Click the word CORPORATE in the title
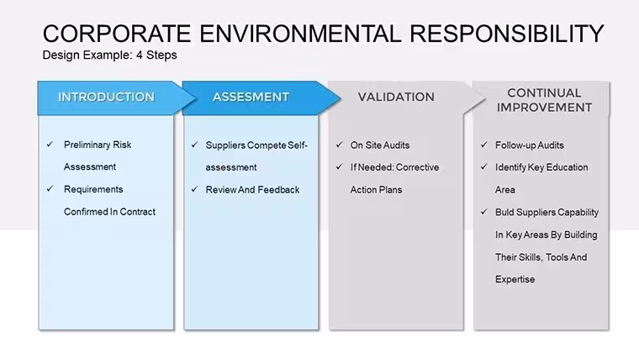117,34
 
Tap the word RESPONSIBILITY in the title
506,34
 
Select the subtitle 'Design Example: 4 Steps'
109,55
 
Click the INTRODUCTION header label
107,97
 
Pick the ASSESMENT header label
251,97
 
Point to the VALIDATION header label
396,97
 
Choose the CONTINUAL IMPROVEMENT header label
545,100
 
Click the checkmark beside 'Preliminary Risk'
50,145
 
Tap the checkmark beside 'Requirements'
50,188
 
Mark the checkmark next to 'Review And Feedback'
195,189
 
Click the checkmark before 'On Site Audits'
340,145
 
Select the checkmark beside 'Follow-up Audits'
484,145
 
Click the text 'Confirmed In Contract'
109,212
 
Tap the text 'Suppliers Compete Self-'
256,146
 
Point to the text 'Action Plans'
376,189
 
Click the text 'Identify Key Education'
541,167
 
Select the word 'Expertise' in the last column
515,280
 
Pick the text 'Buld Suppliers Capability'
547,213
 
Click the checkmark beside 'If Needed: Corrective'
340,167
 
